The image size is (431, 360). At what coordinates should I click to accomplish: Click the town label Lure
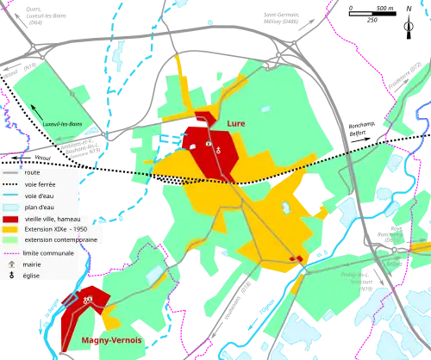click(x=235, y=124)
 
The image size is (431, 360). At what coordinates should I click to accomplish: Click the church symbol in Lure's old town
click(x=219, y=149)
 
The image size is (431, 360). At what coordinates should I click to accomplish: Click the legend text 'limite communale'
click(x=50, y=253)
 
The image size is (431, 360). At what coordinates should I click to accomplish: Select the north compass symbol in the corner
click(x=406, y=27)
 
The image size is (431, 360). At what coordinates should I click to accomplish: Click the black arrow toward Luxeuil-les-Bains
click(x=36, y=111)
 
